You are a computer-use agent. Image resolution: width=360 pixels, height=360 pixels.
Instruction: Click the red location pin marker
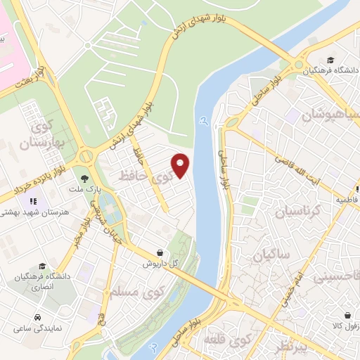tap(181, 165)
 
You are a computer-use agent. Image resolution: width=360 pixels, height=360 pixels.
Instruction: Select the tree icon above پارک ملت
tap(86, 180)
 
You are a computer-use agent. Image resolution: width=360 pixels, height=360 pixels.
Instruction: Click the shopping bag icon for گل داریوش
tap(161, 252)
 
